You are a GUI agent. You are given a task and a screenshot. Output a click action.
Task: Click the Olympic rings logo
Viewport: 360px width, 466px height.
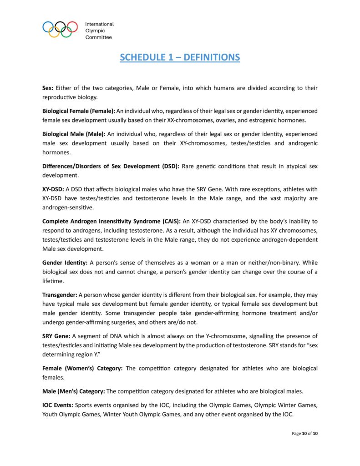[60, 29]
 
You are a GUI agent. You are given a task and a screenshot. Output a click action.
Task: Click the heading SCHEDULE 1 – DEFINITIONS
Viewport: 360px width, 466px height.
[180, 57]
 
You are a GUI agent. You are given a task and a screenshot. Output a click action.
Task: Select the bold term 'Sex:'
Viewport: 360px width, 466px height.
[48, 88]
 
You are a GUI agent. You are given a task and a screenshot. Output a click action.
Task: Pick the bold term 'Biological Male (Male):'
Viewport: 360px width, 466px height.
[74, 134]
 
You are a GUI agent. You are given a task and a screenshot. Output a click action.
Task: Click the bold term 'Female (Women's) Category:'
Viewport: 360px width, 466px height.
[82, 368]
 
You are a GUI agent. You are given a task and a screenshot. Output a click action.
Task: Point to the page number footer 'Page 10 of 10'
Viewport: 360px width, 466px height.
[304, 434]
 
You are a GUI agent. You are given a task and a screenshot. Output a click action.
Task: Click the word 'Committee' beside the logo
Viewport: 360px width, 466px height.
[98, 37]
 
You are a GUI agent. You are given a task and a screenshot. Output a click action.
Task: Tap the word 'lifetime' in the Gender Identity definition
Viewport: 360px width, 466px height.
[54, 282]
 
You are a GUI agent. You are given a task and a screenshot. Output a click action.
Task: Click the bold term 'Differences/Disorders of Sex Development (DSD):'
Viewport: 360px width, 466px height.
[111, 166]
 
